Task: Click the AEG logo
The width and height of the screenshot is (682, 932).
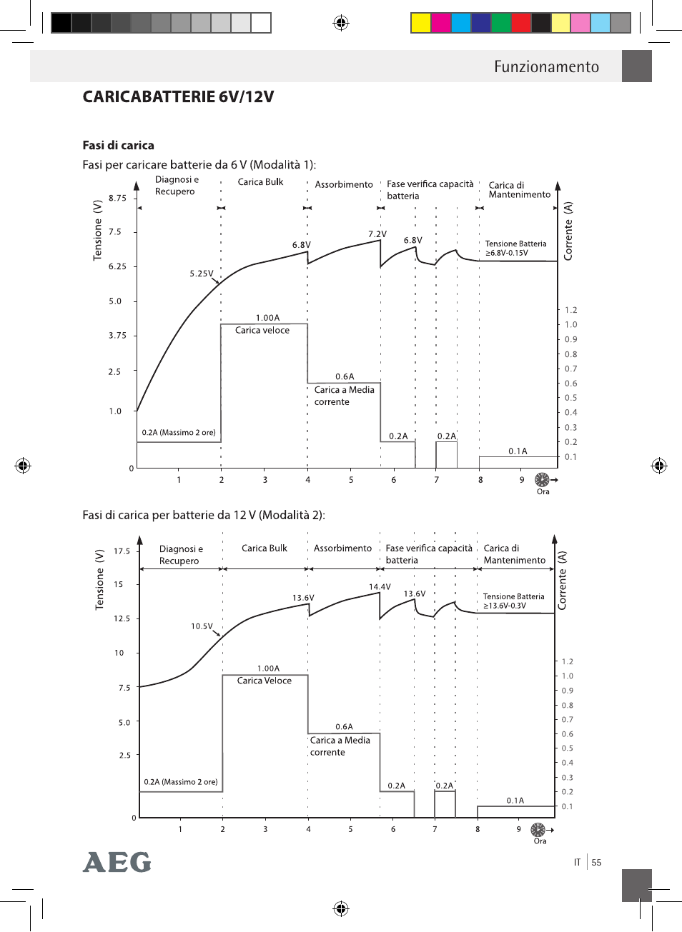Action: point(117,863)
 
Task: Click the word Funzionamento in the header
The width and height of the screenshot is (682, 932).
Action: point(546,66)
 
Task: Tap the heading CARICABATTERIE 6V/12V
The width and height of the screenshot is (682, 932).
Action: point(178,96)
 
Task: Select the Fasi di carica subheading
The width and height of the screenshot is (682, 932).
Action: point(118,145)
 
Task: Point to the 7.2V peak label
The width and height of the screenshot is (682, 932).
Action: point(377,234)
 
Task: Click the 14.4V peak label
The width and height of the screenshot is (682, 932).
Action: point(380,586)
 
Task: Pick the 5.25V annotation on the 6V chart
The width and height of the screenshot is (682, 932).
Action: point(202,274)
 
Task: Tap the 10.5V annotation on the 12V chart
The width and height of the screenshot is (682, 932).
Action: point(202,626)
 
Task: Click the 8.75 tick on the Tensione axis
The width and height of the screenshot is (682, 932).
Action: point(117,198)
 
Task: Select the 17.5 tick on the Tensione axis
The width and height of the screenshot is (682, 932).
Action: point(122,551)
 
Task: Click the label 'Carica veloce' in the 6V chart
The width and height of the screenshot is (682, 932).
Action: point(262,331)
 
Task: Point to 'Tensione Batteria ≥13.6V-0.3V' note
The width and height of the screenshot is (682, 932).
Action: point(514,601)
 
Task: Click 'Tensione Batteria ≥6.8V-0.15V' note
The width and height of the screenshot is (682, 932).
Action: point(516,249)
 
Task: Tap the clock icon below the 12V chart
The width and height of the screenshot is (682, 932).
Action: point(538,830)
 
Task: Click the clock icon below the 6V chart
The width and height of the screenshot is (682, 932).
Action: point(542,480)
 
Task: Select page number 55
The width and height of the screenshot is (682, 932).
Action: point(596,863)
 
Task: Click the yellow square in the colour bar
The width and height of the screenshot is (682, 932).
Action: point(420,23)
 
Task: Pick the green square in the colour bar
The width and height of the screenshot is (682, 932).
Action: point(501,23)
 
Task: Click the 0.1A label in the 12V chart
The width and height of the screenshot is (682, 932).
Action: point(515,801)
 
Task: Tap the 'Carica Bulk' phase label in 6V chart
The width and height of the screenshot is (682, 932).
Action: point(260,182)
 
